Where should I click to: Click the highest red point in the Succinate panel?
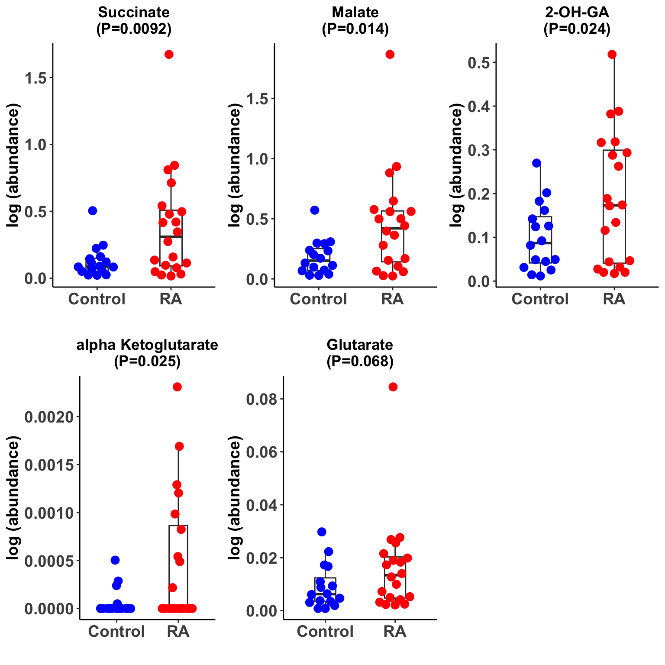(x=169, y=54)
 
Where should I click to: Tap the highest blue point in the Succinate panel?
(x=92, y=211)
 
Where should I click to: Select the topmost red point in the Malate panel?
(x=390, y=54)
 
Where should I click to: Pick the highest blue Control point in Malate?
(x=315, y=210)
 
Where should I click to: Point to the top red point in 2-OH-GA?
(x=612, y=54)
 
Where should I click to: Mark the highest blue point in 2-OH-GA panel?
(x=536, y=163)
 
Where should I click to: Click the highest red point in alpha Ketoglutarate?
(x=177, y=387)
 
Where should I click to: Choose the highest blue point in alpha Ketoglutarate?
(x=115, y=560)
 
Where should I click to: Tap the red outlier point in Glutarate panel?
(x=393, y=387)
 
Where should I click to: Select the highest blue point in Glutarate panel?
(x=322, y=532)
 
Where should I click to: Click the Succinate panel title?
(x=134, y=12)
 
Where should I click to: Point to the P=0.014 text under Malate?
(x=355, y=29)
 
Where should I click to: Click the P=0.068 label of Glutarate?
(x=360, y=361)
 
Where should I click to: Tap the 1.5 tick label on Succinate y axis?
(x=36, y=77)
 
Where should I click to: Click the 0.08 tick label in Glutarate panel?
(x=261, y=399)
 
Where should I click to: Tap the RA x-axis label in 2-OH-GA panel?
(x=614, y=299)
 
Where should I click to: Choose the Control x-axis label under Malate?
(x=319, y=299)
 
